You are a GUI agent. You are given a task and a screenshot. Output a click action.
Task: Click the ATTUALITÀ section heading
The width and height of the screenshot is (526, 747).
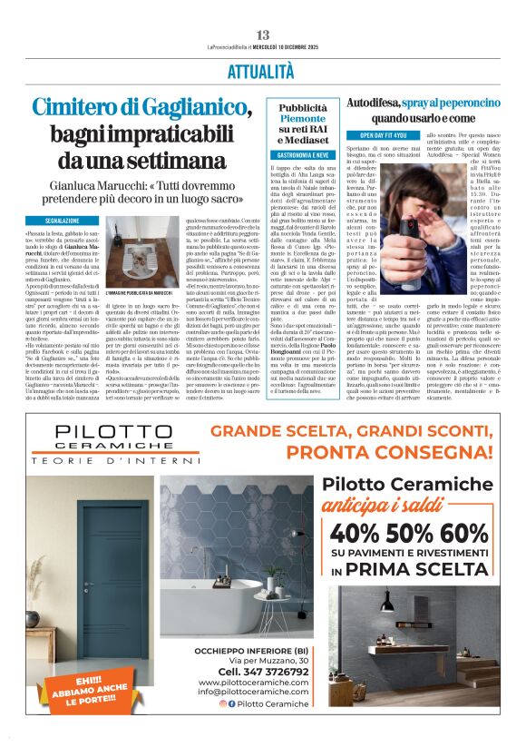click(263, 71)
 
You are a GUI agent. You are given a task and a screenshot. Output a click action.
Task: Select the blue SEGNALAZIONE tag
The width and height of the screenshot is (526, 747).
click(68, 221)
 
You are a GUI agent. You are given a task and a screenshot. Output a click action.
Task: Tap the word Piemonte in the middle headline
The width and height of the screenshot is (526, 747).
click(301, 119)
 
